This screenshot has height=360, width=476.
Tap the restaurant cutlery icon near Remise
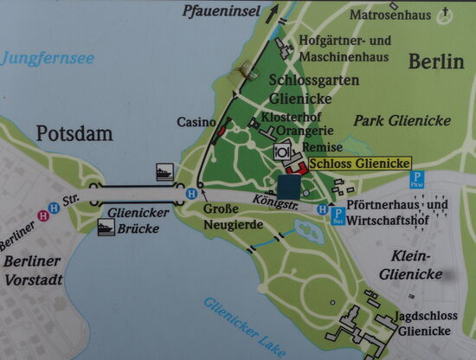(x=281, y=151)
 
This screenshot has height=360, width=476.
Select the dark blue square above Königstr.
(x=289, y=186)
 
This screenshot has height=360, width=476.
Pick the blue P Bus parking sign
(x=337, y=214)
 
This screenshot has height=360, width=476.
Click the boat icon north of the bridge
(x=164, y=170)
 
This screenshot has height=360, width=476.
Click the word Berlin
(x=430, y=61)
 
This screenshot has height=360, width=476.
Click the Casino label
(x=196, y=123)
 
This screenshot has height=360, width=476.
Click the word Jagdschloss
(x=421, y=316)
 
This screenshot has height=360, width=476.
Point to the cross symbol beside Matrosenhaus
(x=446, y=12)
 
